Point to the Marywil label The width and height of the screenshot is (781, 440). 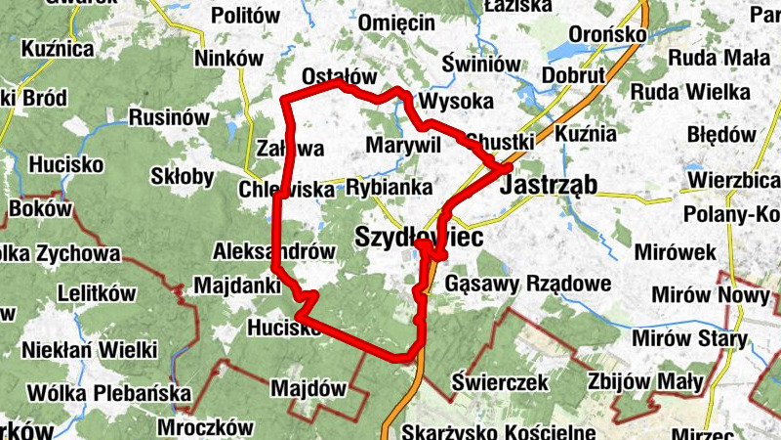tap(399, 145)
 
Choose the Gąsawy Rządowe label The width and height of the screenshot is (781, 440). tap(527, 285)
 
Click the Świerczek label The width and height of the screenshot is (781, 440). tap(501, 382)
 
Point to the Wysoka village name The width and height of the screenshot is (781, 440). tap(454, 102)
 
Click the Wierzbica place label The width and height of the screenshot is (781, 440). tap(733, 180)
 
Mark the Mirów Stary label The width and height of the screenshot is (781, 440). tap(688, 339)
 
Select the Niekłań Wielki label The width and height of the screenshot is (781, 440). tap(92, 348)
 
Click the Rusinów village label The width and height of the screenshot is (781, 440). tap(169, 117)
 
